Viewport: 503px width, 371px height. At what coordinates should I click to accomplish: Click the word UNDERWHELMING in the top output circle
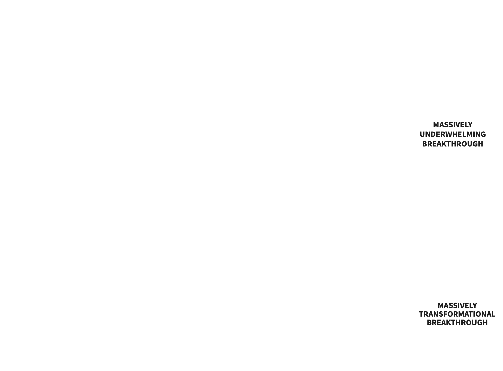click(453, 134)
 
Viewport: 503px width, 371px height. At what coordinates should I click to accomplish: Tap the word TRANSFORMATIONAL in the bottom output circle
click(457, 314)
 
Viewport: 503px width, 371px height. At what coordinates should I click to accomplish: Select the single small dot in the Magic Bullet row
click(239, 314)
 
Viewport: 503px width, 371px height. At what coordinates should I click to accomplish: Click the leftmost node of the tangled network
click(163, 134)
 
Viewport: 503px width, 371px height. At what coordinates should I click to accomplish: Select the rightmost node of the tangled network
click(282, 141)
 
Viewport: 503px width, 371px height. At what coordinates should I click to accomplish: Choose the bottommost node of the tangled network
click(216, 154)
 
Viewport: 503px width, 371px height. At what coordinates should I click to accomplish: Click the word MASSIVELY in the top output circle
click(453, 125)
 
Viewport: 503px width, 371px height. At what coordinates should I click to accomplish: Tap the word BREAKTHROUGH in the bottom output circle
click(457, 323)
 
